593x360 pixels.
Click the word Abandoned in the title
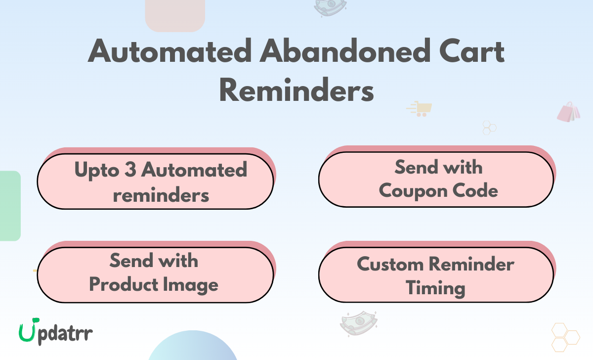345,50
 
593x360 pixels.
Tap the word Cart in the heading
472,51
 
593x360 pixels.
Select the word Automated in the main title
169,50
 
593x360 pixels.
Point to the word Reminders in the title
296,90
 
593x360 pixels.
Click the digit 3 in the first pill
130,169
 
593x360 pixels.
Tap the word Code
475,190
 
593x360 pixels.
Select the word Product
124,284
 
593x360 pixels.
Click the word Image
191,285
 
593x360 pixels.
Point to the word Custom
390,265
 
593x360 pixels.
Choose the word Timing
435,288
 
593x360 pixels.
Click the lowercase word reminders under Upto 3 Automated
161,195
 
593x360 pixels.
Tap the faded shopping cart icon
420,109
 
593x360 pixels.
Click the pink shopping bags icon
569,112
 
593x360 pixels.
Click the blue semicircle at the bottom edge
193,346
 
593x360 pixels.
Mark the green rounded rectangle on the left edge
10,206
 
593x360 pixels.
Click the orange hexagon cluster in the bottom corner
566,337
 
